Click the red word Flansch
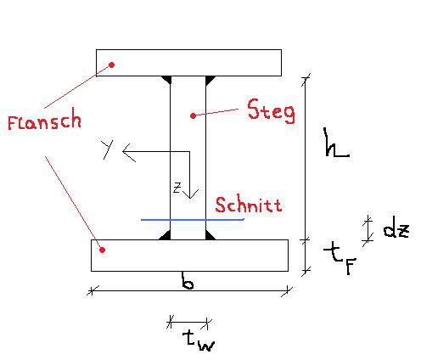pos(44,119)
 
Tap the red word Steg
pos(271,111)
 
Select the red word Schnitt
pos(249,205)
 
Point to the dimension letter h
pos(336,142)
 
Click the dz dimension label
pos(396,231)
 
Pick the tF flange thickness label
pos(340,259)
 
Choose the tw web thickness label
pos(199,340)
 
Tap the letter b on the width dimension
pos(188,281)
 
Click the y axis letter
pos(108,149)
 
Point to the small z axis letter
pos(177,188)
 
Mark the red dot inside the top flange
pos(112,65)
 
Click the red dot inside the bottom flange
pos(103,250)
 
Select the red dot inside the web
pos(193,115)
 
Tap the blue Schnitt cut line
pos(193,219)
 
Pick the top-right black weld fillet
pos(210,80)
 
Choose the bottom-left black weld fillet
pos(166,236)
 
